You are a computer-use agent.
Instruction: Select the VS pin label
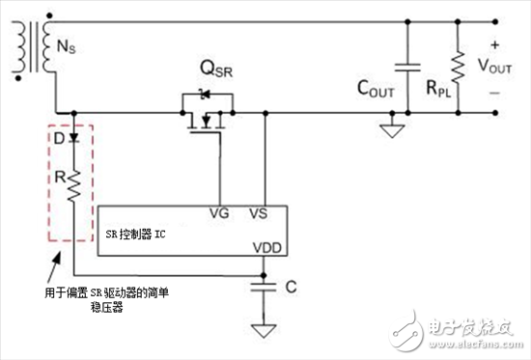(259, 214)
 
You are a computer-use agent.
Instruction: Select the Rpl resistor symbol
(457, 66)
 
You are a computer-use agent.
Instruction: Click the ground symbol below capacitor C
(258, 330)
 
